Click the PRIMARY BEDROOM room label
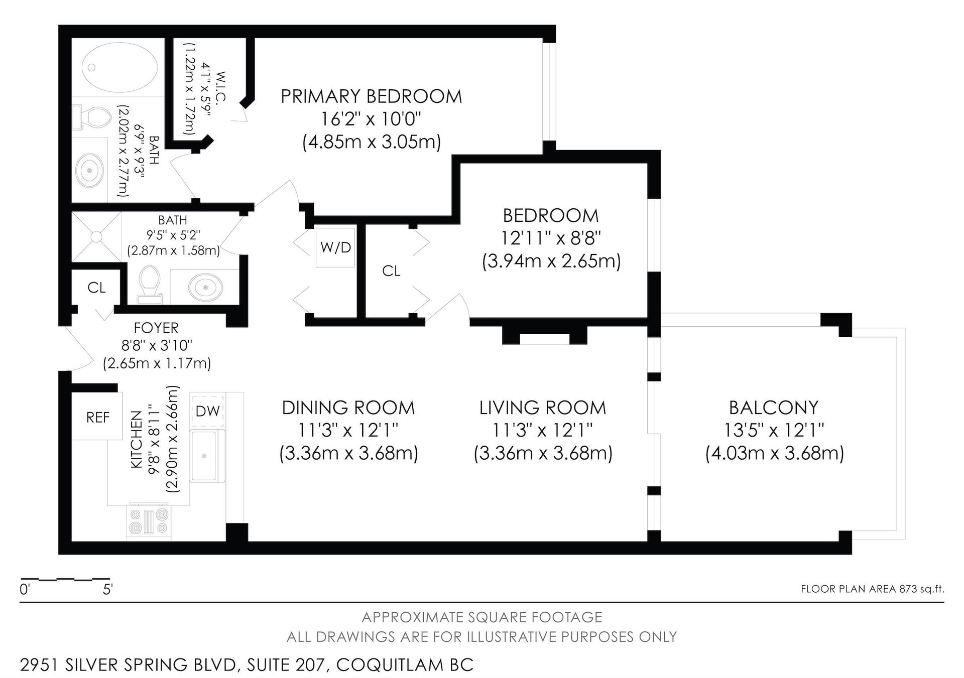click(x=371, y=96)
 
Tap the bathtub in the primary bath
click(x=118, y=67)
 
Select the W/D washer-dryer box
click(x=335, y=247)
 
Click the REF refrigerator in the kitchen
click(x=97, y=417)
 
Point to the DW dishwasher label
click(x=207, y=411)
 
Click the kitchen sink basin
click(x=204, y=456)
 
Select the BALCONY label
click(x=774, y=408)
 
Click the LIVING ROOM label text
click(x=543, y=408)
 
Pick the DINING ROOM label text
click(x=348, y=408)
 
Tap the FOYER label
click(x=156, y=328)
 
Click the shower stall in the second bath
click(x=96, y=236)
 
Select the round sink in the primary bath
click(x=90, y=171)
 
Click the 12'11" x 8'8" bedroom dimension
click(x=551, y=238)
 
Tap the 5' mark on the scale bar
click(x=107, y=590)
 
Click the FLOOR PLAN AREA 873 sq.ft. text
click(x=872, y=589)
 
